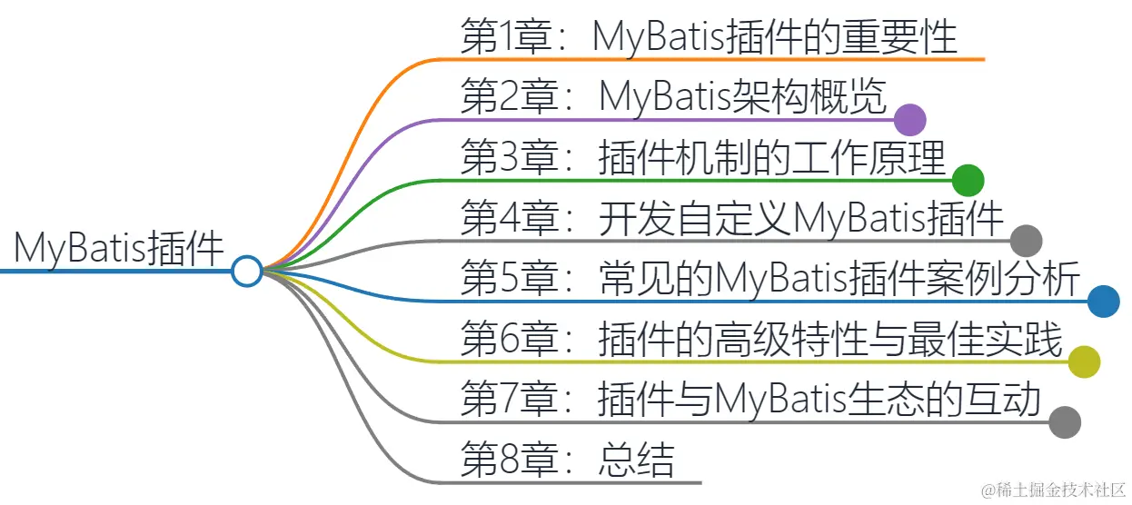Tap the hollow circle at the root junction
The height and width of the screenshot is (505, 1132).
(x=246, y=271)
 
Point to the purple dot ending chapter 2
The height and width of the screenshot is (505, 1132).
(x=909, y=120)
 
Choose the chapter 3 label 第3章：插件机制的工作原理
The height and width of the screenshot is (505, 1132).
(x=703, y=158)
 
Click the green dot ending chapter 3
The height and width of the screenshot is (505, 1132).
(x=968, y=180)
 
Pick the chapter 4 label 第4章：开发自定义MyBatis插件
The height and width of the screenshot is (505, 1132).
(x=732, y=219)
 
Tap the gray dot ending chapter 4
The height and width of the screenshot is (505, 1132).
(x=1026, y=241)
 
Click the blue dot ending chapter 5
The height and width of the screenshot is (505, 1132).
(x=1103, y=301)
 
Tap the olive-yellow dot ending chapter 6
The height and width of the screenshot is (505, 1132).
(x=1084, y=361)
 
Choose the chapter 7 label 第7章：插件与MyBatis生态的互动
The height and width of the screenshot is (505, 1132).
(x=750, y=400)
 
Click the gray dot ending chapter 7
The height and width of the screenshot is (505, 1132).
(x=1065, y=421)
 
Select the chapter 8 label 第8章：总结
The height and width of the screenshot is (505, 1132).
(x=568, y=460)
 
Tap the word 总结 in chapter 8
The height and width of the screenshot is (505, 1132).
(x=637, y=460)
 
